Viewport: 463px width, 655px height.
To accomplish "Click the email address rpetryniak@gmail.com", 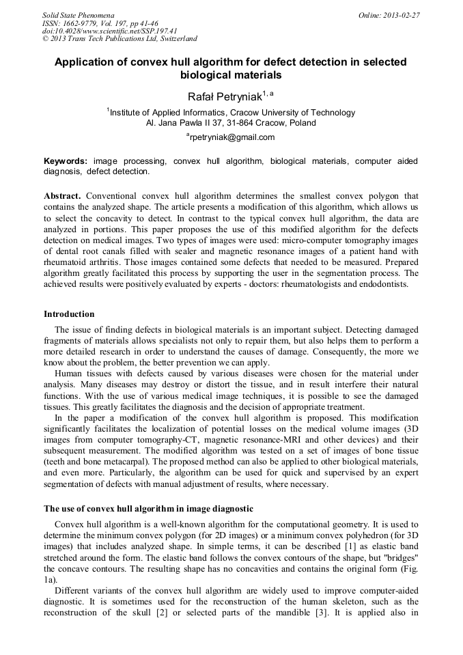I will [x=232, y=137].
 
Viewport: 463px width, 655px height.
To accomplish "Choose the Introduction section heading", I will [x=69, y=314].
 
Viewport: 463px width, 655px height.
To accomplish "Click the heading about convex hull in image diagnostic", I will [x=149, y=509].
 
